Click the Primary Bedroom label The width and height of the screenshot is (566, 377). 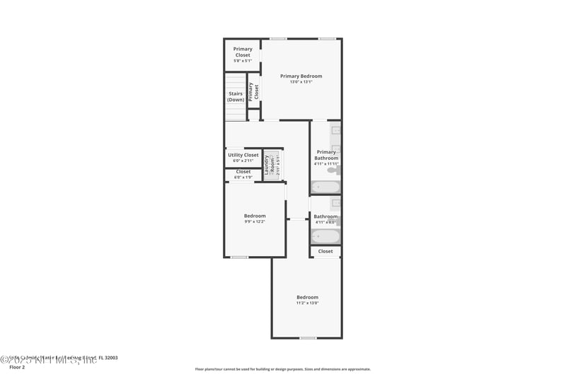coord(301,76)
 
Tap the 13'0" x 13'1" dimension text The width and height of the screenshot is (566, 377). coord(301,82)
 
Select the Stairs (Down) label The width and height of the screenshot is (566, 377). coord(236,97)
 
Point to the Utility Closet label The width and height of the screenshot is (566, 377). coord(243,155)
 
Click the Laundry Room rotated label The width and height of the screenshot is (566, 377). coord(267,165)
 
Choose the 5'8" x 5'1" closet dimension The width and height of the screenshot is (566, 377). coord(243,61)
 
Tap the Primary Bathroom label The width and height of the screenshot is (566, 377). coord(326,155)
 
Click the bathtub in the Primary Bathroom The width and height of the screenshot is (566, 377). coord(325,187)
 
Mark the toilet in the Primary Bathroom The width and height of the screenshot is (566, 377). coord(333,170)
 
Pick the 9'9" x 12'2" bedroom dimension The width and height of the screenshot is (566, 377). coord(255,222)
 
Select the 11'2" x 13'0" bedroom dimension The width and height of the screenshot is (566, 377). coord(307,303)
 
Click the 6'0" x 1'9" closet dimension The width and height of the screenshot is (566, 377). coord(243,177)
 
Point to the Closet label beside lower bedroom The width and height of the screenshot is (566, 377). coord(325,251)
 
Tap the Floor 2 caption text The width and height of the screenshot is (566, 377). coord(17,367)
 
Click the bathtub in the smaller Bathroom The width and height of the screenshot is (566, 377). coord(325,236)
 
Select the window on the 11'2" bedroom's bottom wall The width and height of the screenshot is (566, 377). coord(308,338)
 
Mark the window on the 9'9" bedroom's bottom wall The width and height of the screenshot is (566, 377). coord(240,257)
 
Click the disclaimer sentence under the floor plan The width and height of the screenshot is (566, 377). coord(282,369)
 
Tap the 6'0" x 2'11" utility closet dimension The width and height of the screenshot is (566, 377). coord(243,161)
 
